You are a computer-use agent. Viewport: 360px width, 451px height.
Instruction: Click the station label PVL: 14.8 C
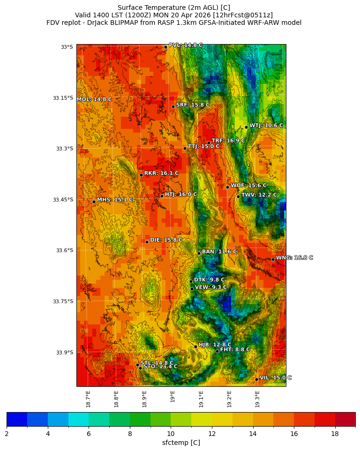coord(186,45)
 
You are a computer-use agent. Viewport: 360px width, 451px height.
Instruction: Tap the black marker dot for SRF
coord(173,106)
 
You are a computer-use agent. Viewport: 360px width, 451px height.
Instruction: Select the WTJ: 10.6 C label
coord(266,126)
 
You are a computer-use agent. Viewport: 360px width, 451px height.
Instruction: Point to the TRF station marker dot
coord(209,143)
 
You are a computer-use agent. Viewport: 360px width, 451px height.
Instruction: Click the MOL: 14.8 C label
coord(94,99)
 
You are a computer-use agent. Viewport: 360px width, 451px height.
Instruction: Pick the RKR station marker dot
coord(141,175)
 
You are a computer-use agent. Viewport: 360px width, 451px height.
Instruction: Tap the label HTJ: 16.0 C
coord(180,194)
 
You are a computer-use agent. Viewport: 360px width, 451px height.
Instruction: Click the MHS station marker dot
coord(94,202)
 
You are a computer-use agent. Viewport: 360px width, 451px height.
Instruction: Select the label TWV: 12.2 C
coord(259,195)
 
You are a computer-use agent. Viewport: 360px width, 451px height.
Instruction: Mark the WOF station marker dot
coord(228,187)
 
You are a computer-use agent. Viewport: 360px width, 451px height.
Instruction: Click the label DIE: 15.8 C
coord(166,240)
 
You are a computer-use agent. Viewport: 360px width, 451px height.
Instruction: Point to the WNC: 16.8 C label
coord(294,258)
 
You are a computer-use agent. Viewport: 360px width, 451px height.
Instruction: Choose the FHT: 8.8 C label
coord(235,350)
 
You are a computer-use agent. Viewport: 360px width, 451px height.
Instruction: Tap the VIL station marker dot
coord(257,379)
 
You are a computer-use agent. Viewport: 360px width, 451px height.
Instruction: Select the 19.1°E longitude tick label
coord(201,398)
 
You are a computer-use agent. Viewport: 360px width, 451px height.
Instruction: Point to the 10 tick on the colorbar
coord(171,434)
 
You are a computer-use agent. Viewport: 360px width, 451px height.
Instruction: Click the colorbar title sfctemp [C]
coord(180,443)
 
